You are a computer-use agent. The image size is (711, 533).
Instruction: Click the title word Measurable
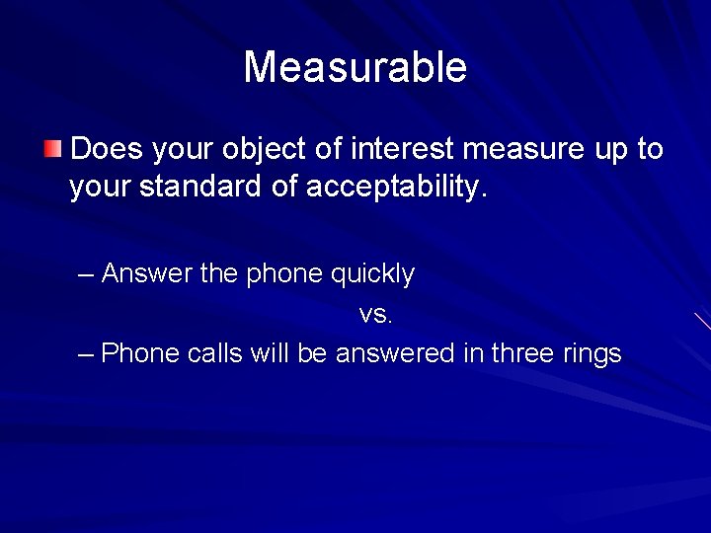(355, 68)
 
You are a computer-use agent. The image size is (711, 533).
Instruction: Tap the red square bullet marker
(53, 150)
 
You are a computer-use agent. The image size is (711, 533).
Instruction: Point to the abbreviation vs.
(376, 314)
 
